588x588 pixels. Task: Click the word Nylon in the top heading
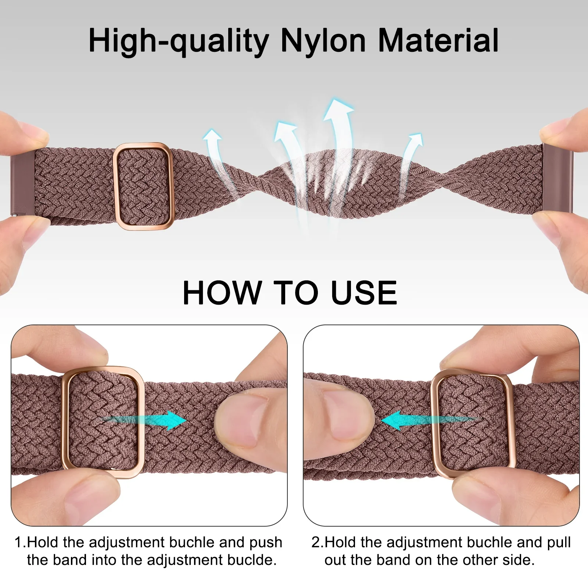pyautogui.click(x=323, y=41)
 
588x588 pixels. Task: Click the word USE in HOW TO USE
pyautogui.click(x=364, y=293)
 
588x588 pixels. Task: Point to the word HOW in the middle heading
pyautogui.click(x=222, y=293)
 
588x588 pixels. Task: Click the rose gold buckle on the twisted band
pyautogui.click(x=143, y=186)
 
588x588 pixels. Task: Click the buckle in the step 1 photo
pyautogui.click(x=103, y=422)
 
